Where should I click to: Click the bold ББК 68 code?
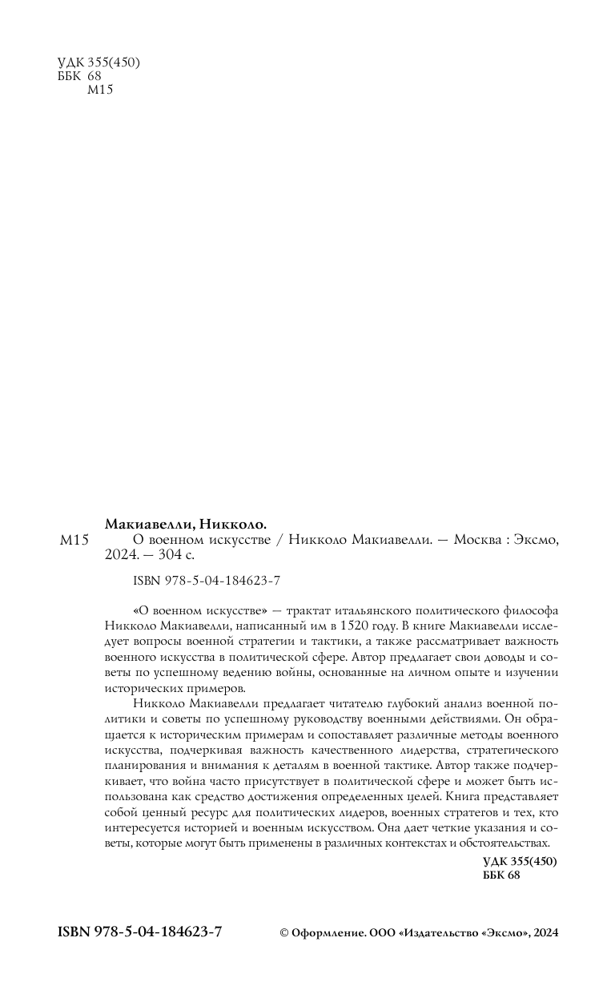[x=502, y=876]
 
